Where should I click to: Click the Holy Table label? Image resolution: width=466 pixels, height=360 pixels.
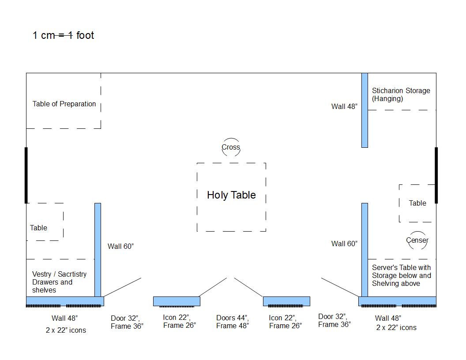231,195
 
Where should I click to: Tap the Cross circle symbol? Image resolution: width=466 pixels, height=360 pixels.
231,147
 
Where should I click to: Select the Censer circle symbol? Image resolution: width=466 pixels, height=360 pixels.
417,240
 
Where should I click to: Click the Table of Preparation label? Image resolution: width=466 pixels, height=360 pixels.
64,104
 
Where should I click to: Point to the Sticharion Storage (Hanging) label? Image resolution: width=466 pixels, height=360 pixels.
401,94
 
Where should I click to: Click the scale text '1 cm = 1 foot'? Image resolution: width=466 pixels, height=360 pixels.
63,35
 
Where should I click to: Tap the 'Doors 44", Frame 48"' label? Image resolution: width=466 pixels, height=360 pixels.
233,322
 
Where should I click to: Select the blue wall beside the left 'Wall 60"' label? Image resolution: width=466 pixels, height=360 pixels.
98,249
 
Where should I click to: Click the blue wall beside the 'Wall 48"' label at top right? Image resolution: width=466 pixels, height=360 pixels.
365,110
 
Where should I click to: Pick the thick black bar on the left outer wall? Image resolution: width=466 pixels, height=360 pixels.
26,175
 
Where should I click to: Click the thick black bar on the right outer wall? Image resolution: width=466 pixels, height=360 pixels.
436,175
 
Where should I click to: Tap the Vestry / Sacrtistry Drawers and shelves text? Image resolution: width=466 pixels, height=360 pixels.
59,282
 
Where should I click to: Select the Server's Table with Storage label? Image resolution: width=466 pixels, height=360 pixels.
401,275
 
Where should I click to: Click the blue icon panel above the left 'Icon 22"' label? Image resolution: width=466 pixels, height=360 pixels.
177,301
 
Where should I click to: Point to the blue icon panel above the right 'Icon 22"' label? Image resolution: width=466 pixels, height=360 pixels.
286,301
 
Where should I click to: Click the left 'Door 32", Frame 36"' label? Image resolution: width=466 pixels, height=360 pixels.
127,322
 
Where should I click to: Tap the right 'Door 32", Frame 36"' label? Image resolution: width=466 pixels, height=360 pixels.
334,320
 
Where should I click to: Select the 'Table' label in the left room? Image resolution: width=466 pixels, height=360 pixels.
38,228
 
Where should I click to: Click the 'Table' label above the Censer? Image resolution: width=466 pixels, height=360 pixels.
417,203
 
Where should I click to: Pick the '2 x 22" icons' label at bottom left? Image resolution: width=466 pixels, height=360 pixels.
66,330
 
